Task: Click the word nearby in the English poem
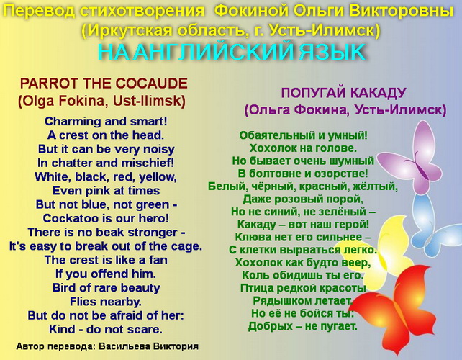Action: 121,302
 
